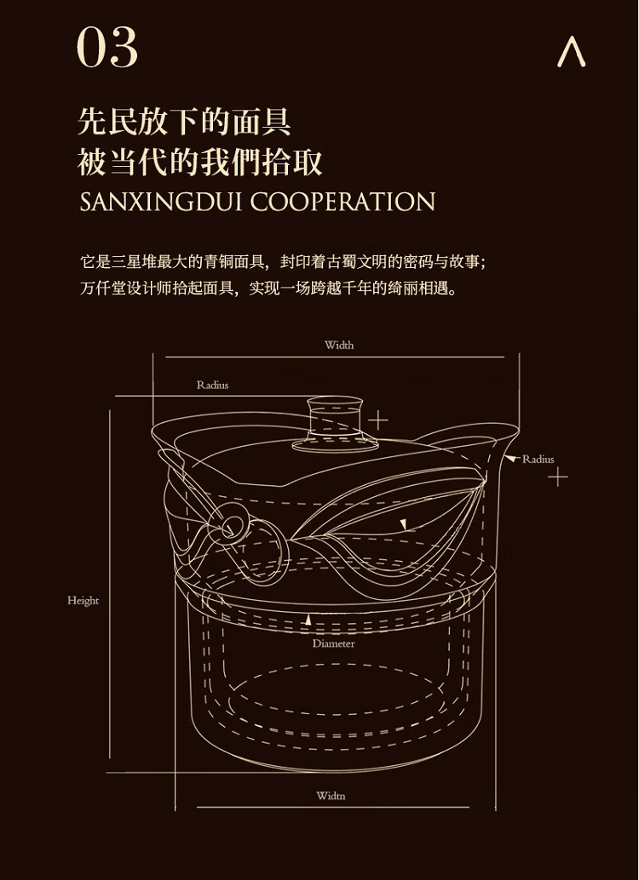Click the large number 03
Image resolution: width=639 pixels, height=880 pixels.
(x=106, y=48)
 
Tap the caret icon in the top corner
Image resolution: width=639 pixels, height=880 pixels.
(x=572, y=52)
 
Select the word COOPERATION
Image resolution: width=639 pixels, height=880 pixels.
(x=343, y=202)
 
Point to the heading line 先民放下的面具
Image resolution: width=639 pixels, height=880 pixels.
(x=184, y=121)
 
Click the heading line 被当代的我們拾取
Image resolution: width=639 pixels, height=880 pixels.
(x=200, y=163)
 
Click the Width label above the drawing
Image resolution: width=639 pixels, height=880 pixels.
(x=339, y=346)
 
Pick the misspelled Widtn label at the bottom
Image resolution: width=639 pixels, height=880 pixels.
(x=331, y=795)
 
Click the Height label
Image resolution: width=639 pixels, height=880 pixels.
(x=83, y=601)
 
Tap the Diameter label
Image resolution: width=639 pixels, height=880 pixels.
(x=334, y=643)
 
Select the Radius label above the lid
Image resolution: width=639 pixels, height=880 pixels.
(x=212, y=385)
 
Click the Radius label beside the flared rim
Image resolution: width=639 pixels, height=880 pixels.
(x=538, y=459)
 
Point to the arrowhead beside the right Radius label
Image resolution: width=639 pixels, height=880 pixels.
(x=510, y=459)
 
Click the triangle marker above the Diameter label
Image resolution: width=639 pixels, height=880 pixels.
(x=308, y=620)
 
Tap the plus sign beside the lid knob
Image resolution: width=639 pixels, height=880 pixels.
(x=378, y=420)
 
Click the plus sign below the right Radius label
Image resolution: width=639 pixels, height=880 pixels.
(x=557, y=477)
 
